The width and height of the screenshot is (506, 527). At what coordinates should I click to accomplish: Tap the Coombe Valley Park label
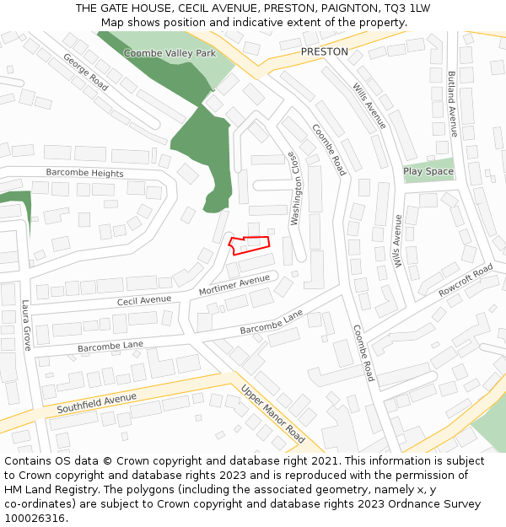click(170, 53)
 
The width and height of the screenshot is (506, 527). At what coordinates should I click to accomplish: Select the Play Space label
click(428, 171)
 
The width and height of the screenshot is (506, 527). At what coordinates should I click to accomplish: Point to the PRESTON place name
click(324, 51)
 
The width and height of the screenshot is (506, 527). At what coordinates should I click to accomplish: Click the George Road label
click(86, 73)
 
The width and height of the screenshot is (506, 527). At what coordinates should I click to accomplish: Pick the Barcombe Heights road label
click(84, 174)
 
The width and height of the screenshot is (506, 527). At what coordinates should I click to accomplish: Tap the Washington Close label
click(295, 188)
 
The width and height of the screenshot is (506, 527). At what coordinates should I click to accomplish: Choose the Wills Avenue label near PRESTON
click(369, 105)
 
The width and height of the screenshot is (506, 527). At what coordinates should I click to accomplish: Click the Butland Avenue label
click(452, 104)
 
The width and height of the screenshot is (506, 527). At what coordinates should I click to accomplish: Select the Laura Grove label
click(26, 325)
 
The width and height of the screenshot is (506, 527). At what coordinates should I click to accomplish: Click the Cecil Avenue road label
click(144, 300)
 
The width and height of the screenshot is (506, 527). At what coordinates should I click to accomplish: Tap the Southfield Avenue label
click(96, 403)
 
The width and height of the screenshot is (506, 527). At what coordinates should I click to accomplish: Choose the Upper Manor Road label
click(272, 414)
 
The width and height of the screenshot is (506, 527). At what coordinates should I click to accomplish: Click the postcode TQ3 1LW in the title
click(406, 8)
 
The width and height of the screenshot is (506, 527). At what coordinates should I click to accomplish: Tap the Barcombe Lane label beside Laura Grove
click(110, 346)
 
